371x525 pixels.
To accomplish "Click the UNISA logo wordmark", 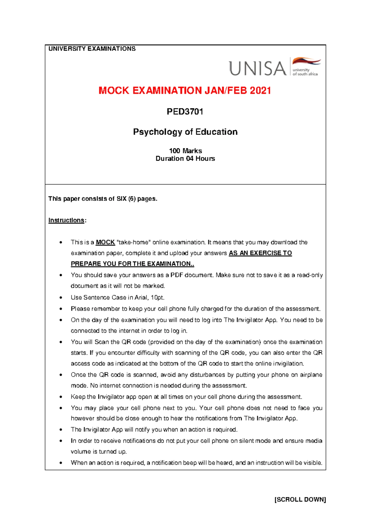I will tap(258, 68).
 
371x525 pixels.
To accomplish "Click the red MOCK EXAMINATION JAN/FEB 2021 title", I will tap(185, 91).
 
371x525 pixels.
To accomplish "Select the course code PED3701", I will tap(185, 111).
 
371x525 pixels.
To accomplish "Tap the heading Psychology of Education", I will tap(185, 132).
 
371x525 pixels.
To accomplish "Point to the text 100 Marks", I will tap(185, 151).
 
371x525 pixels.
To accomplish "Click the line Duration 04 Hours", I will tap(185, 158).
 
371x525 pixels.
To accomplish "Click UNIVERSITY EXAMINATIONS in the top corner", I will tap(92, 49).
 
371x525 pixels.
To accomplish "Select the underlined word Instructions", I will tap(66, 220).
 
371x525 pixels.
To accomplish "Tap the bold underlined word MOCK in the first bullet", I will tap(105, 242).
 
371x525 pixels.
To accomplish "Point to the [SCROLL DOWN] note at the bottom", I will tap(300, 500).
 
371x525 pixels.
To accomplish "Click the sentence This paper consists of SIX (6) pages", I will tap(103, 199).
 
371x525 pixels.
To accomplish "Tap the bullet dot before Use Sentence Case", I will tap(62, 298).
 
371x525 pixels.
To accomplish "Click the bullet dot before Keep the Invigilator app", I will tap(62, 397).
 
